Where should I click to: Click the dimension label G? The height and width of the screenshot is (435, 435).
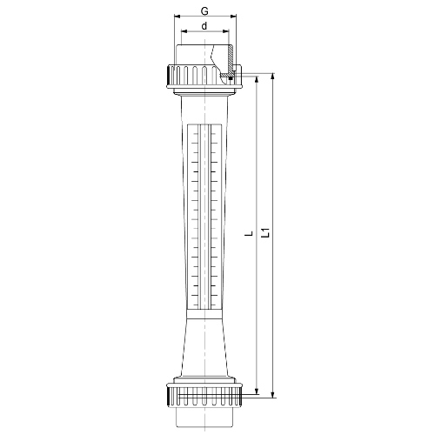pyautogui.click(x=204, y=11)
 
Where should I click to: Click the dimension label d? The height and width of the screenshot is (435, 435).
pyautogui.click(x=204, y=26)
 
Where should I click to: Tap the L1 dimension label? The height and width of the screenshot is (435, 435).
pyautogui.click(x=266, y=233)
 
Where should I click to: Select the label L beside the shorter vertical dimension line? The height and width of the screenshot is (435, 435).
pyautogui.click(x=250, y=233)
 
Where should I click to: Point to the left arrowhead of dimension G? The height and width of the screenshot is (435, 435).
pyautogui.click(x=177, y=17)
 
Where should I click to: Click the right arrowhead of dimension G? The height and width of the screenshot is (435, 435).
pyautogui.click(x=234, y=17)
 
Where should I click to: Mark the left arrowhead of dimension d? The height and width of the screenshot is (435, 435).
pyautogui.click(x=184, y=31)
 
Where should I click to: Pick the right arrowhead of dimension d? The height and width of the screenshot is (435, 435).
pyautogui.click(x=226, y=31)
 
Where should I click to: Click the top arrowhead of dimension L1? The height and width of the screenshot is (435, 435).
pyautogui.click(x=272, y=76)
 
